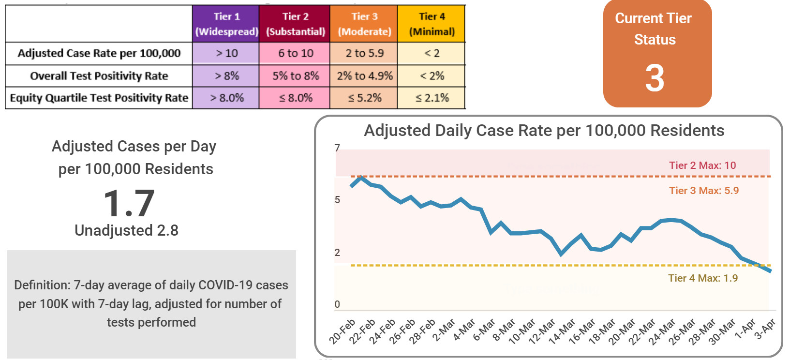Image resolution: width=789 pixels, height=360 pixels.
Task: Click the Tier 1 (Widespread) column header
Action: pyautogui.click(x=226, y=24)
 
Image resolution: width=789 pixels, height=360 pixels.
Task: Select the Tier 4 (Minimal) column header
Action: pyautogui.click(x=432, y=24)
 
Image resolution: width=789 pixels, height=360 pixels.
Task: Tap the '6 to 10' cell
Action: pyautogui.click(x=295, y=53)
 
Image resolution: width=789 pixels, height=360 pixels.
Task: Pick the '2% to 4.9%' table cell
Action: pyautogui.click(x=364, y=76)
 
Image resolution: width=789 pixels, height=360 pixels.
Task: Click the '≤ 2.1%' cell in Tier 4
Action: pyautogui.click(x=432, y=98)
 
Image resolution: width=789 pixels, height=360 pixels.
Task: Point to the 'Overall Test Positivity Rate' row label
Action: pyautogui.click(x=99, y=76)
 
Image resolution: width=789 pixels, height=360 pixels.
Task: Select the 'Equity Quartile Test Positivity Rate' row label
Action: pyautogui.click(x=99, y=98)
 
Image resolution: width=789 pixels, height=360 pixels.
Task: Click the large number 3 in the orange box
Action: pyautogui.click(x=655, y=78)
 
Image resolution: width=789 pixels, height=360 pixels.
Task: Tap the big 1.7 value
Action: pyautogui.click(x=129, y=203)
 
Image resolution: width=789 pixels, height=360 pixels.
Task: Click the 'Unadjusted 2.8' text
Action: pyautogui.click(x=126, y=230)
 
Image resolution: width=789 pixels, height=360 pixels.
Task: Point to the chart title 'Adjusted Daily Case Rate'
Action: pyautogui.click(x=544, y=131)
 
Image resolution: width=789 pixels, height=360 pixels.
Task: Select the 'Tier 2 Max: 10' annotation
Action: pyautogui.click(x=702, y=165)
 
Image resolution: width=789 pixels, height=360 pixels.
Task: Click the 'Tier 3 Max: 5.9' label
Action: pyautogui.click(x=703, y=191)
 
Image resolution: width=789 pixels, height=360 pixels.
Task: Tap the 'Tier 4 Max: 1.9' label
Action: pyautogui.click(x=702, y=278)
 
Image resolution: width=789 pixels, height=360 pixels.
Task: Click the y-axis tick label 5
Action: pyautogui.click(x=337, y=200)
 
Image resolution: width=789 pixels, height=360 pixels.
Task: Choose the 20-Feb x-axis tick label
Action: pyautogui.click(x=342, y=331)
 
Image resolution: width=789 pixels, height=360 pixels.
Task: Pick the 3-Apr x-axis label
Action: pyautogui.click(x=765, y=329)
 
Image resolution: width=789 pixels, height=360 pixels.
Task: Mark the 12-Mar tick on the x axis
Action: pyautogui.click(x=542, y=331)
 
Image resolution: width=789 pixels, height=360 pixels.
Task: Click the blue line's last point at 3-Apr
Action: pyautogui.click(x=770, y=270)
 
